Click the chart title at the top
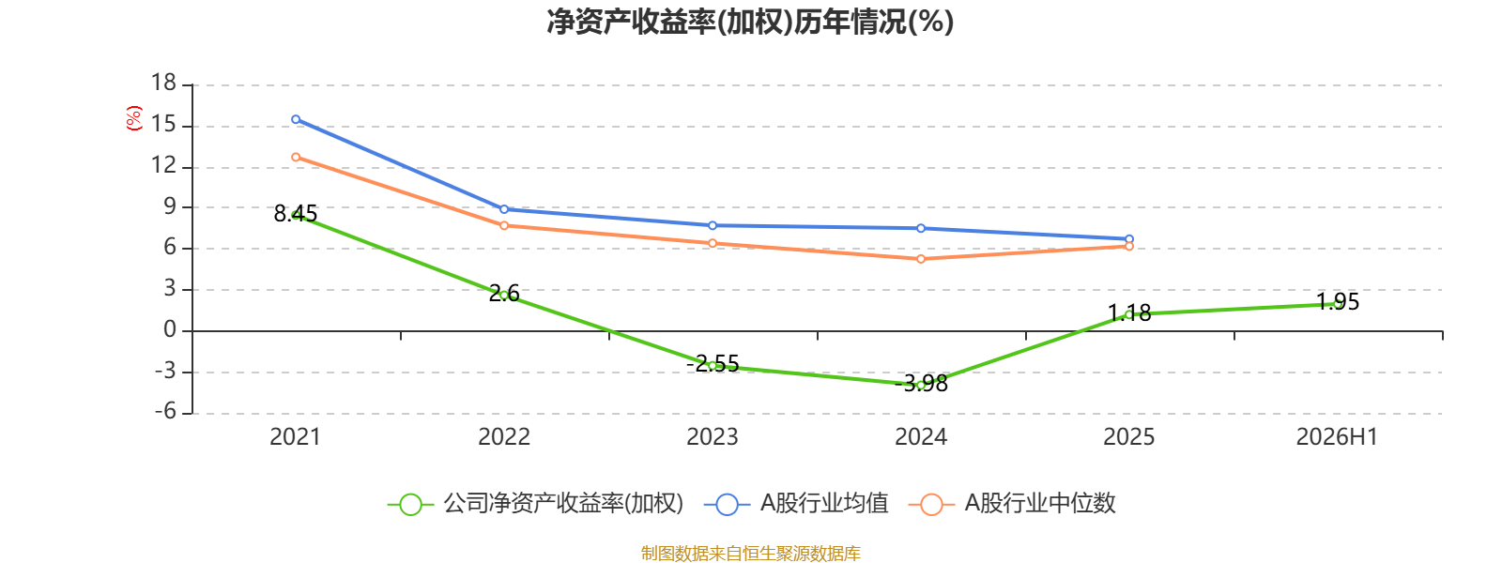750,22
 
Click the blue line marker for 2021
296,119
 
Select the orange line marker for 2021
296,157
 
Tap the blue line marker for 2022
504,209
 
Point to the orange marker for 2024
921,259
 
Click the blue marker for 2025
1129,239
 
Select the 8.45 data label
296,214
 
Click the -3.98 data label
921,384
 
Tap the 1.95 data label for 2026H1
1338,301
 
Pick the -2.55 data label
713,364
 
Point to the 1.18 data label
1129,313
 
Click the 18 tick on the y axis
163,84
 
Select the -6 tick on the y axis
165,412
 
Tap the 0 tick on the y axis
170,329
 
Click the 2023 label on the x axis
713,437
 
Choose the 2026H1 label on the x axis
1337,437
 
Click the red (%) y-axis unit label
134,118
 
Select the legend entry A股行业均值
797,503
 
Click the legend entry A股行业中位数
1013,503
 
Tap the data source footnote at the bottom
751,554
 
